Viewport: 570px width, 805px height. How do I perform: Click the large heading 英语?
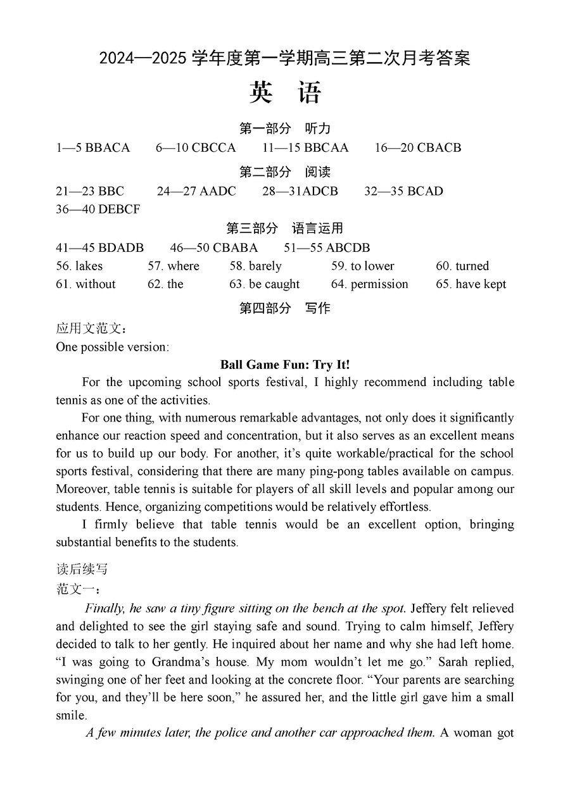pyautogui.click(x=285, y=93)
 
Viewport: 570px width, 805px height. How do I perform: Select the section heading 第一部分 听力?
pyautogui.click(x=285, y=128)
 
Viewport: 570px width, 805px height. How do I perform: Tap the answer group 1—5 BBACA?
pyautogui.click(x=92, y=147)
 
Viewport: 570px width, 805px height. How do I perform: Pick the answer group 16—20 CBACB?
pyautogui.click(x=418, y=147)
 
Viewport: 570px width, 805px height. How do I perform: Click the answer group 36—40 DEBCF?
pyautogui.click(x=98, y=209)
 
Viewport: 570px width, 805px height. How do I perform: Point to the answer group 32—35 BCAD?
pyautogui.click(x=403, y=191)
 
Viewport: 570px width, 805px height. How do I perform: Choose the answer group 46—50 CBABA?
pyautogui.click(x=214, y=247)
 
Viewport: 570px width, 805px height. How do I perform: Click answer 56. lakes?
pyautogui.click(x=79, y=266)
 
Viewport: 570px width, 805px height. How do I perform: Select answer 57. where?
pyautogui.click(x=174, y=266)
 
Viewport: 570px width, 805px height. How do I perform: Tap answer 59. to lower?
pyautogui.click(x=362, y=266)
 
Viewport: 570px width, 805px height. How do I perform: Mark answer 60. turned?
pyautogui.click(x=462, y=266)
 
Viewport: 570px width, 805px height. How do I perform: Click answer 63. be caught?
pyautogui.click(x=264, y=284)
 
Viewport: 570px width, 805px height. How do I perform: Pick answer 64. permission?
pyautogui.click(x=369, y=284)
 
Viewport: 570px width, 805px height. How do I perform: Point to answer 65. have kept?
pyautogui.click(x=471, y=284)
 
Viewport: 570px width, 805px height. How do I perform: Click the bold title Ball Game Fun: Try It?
pyautogui.click(x=285, y=365)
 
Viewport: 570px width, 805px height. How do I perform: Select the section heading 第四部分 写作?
pyautogui.click(x=285, y=308)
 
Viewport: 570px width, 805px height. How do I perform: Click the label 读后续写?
pyautogui.click(x=82, y=569)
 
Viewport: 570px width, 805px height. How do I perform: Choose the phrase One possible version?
pyautogui.click(x=112, y=347)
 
